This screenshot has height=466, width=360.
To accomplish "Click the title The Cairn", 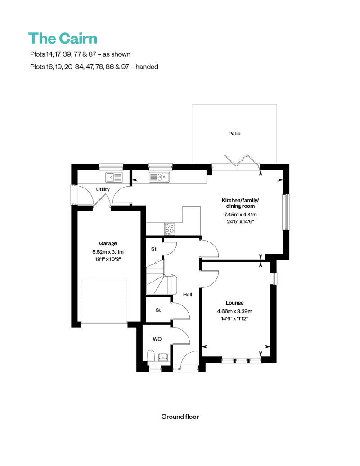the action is (x=63, y=39).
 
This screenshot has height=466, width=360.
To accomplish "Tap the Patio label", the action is (x=234, y=134).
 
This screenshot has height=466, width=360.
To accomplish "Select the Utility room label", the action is (x=103, y=189).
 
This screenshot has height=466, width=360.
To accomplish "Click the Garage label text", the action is (x=108, y=243).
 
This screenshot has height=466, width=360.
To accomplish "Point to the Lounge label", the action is (x=234, y=303).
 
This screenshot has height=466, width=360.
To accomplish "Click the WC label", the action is (x=157, y=339).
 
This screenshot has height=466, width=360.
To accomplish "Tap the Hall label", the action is (x=188, y=295).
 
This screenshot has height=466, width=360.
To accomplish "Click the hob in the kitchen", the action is (x=170, y=229).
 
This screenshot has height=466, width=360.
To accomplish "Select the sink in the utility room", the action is (x=114, y=177).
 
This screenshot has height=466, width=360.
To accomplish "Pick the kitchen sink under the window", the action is (x=159, y=177).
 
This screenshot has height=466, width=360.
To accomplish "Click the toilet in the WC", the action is (x=151, y=356).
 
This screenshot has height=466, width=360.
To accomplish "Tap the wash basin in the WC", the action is (x=163, y=357).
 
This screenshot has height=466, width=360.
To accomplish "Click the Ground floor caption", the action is (x=180, y=417).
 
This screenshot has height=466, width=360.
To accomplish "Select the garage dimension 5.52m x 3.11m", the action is (x=108, y=252).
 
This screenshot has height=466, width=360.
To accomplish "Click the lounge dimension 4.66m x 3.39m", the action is (x=234, y=311).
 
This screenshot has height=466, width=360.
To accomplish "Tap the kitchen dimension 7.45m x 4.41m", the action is (x=240, y=214).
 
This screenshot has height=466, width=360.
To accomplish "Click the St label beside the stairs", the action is (x=154, y=249).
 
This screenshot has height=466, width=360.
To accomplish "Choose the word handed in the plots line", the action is (x=147, y=67).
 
